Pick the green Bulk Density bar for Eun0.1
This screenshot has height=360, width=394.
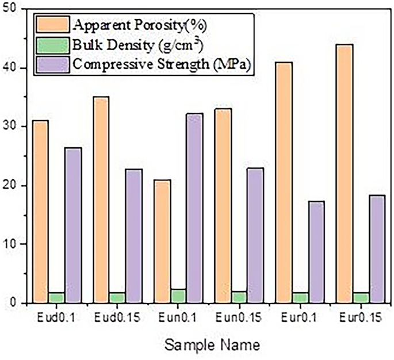(178, 297)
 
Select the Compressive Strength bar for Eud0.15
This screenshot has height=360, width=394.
(133, 236)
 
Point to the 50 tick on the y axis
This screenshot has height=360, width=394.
(10, 9)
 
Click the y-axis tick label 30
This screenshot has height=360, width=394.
(10, 127)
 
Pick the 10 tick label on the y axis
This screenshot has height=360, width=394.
(10, 244)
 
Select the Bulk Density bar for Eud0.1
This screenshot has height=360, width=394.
(56, 298)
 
